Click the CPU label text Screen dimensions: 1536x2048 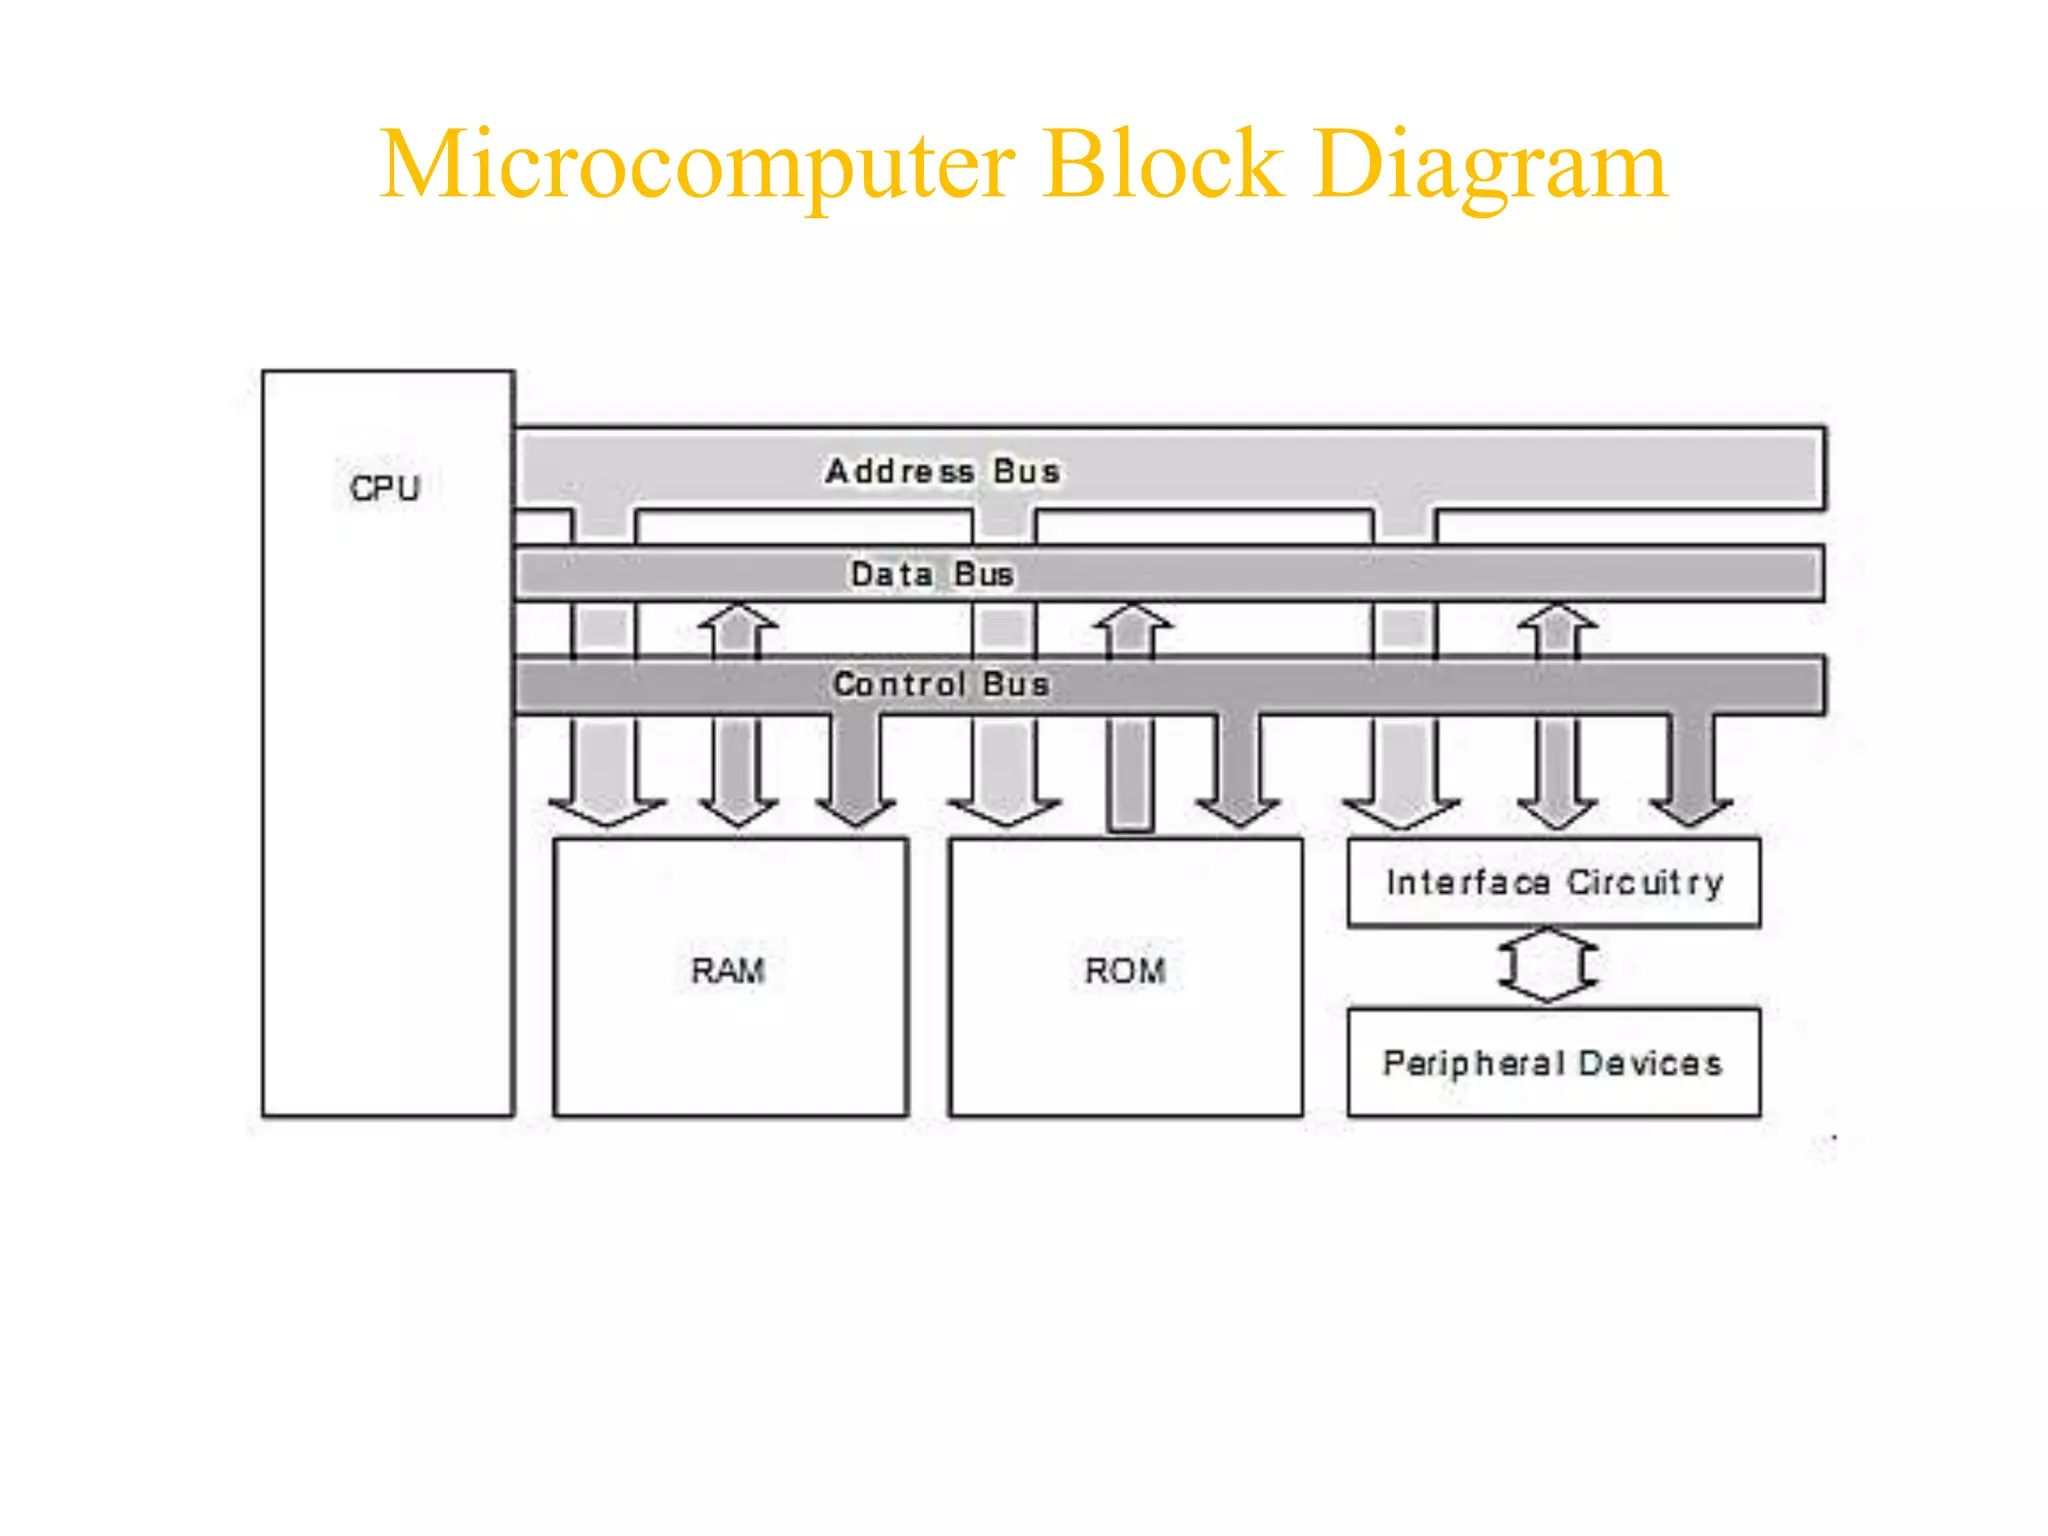click(385, 488)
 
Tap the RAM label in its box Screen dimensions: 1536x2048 click(728, 970)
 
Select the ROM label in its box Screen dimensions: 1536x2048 click(1125, 970)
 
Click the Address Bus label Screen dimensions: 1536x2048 click(942, 471)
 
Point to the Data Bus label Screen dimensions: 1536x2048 click(932, 574)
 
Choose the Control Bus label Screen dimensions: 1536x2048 click(941, 684)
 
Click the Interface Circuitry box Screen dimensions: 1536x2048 click(1554, 882)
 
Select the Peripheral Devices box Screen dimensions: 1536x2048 click(1554, 1062)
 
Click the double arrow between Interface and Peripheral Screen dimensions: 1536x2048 click(1548, 965)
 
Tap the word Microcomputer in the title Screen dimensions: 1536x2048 click(697, 165)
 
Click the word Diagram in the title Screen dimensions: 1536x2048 click(1490, 165)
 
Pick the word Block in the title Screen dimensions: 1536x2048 click(1163, 165)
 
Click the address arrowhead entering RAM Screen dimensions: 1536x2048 click(606, 813)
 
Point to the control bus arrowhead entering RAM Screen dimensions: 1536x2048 click(856, 811)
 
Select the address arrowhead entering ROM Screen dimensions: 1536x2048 click(1004, 813)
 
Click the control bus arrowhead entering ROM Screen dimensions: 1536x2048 click(1238, 811)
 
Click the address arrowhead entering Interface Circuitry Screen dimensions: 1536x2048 click(1401, 813)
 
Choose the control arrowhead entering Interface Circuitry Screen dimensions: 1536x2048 click(1691, 811)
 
